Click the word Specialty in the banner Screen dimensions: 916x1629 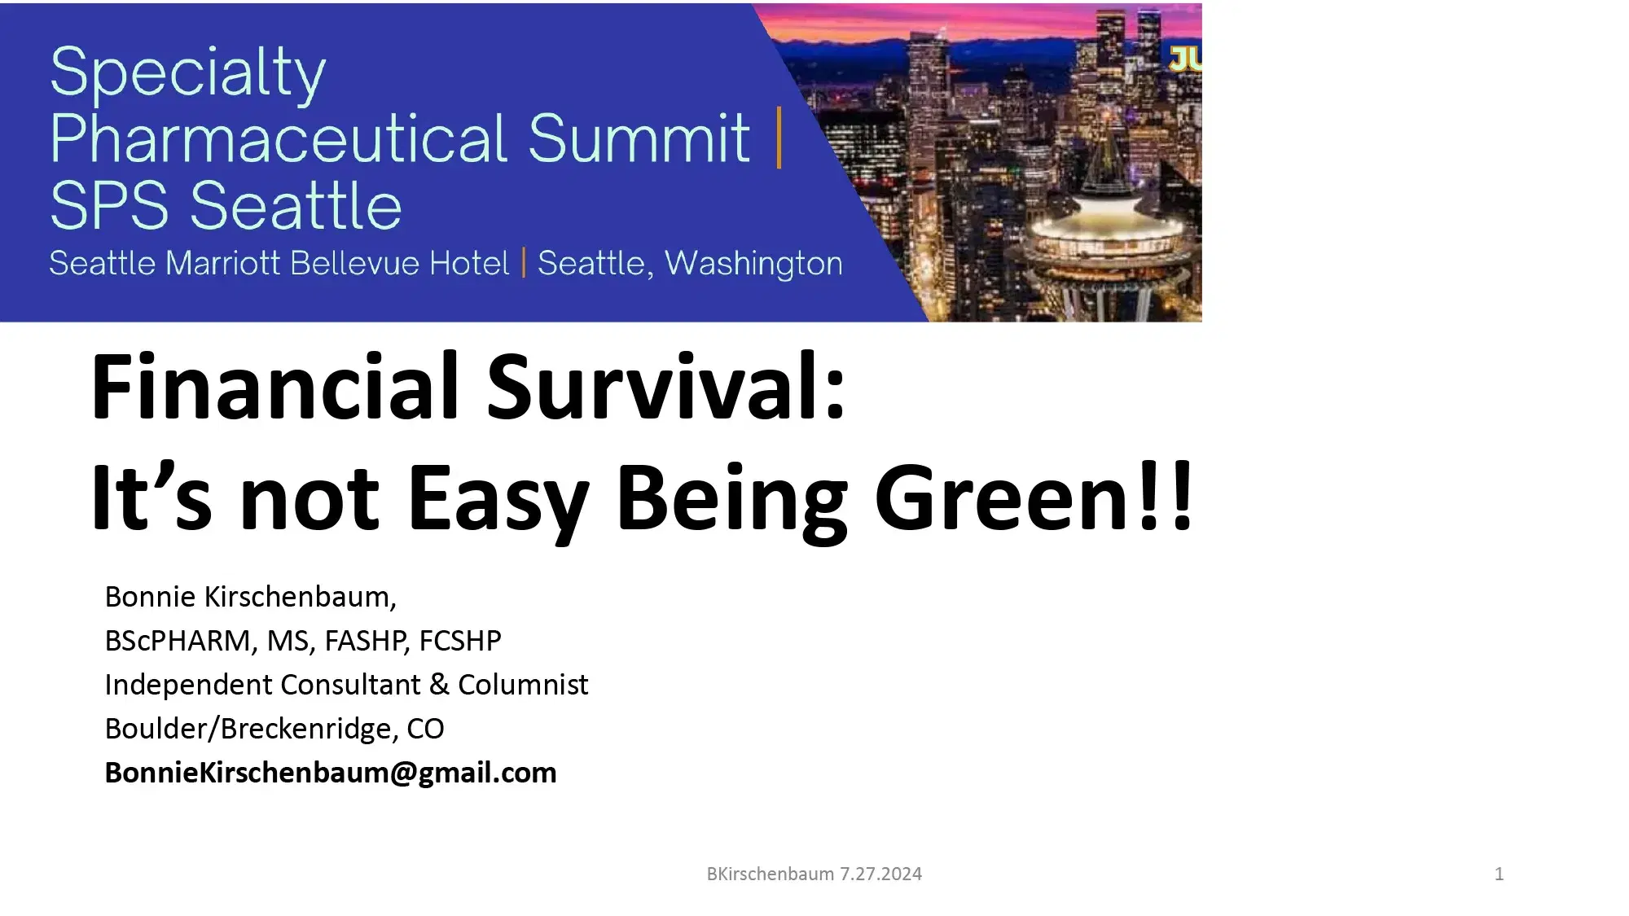[187, 73]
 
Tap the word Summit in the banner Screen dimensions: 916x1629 [639, 138]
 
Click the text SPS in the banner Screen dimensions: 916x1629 [109, 207]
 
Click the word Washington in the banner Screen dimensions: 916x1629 [753, 264]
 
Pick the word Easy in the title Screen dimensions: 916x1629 [498, 498]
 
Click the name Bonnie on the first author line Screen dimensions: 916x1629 [150, 597]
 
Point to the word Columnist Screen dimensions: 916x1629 [523, 685]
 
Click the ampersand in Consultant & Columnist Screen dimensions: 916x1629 [439, 685]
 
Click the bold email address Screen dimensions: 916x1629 [331, 773]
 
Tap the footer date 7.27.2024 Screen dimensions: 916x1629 [880, 874]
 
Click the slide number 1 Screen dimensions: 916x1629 [1499, 874]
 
